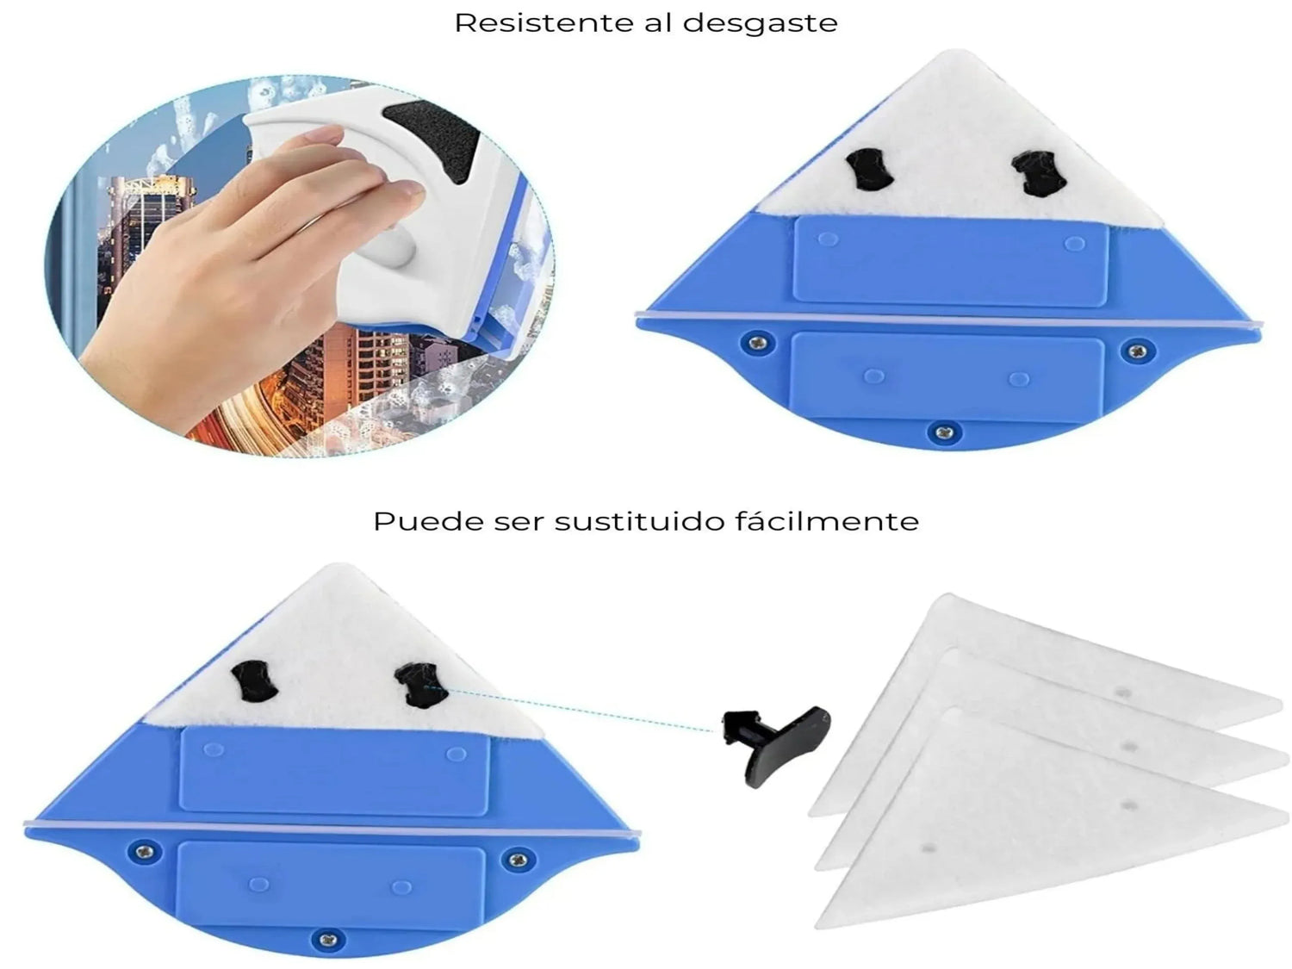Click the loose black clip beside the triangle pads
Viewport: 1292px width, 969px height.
[776, 743]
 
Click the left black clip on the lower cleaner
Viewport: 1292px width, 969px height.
[254, 680]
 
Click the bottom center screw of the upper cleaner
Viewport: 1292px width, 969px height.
[945, 433]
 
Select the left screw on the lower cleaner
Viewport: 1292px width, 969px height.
[145, 851]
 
